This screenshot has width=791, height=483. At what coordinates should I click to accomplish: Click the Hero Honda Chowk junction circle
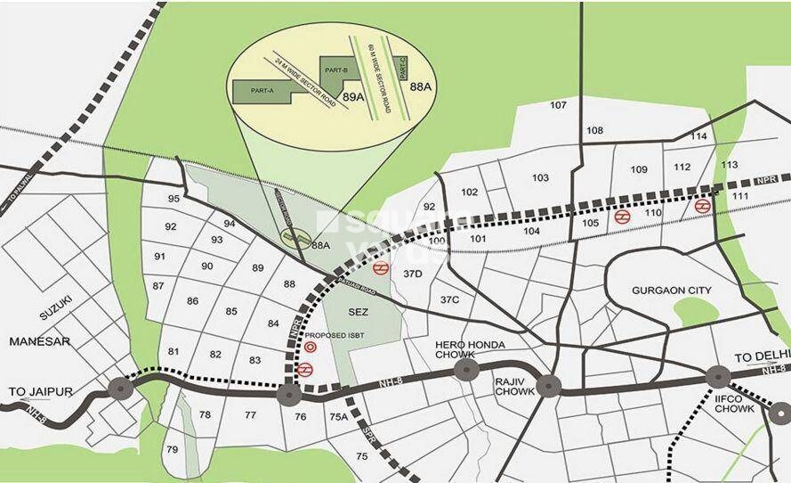point(465,371)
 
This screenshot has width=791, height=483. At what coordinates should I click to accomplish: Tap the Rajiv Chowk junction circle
point(549,386)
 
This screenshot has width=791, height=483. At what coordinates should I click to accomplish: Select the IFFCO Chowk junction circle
point(718,378)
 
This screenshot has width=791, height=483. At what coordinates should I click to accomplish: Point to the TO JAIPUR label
point(40,392)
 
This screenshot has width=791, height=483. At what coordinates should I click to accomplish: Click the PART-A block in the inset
point(261,90)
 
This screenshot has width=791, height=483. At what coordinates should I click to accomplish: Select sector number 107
point(558,105)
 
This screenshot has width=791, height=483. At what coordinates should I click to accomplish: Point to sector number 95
point(174,199)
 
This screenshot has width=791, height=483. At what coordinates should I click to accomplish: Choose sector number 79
point(172,448)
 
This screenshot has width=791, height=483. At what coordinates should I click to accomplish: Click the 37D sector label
point(412,274)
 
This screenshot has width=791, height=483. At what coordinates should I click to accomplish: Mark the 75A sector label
point(338,416)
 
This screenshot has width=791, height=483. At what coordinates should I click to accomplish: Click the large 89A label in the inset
point(355,95)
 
